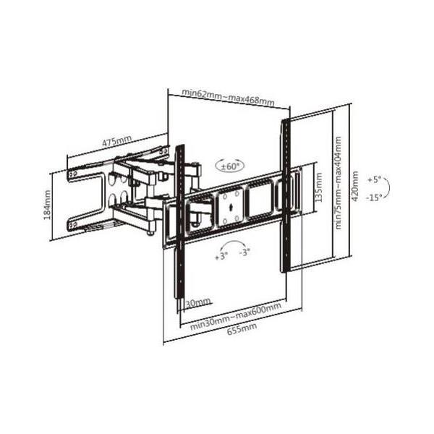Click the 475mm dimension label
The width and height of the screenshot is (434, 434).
coord(117,141)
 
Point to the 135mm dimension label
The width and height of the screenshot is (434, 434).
coord(319,187)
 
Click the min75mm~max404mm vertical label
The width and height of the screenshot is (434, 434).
coord(338,183)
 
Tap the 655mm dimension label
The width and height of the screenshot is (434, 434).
coord(242,328)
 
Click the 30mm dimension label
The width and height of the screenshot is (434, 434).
coord(197,303)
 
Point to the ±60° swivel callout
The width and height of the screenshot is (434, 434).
coord(230,166)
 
